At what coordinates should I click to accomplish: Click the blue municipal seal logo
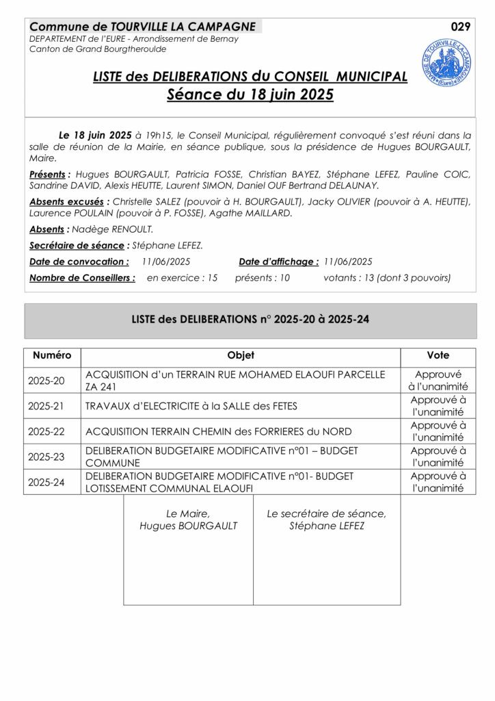[446, 62]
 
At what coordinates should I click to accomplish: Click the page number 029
[461, 27]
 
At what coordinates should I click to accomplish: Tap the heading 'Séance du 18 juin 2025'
[250, 95]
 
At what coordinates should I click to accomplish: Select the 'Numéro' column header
[52, 355]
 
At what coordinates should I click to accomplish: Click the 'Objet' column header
[241, 355]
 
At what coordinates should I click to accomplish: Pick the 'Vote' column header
[438, 355]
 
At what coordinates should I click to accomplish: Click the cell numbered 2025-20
[46, 381]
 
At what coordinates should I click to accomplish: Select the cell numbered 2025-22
[46, 431]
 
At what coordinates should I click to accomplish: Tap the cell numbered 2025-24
[46, 482]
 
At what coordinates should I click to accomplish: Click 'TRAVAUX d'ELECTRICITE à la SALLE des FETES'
[191, 406]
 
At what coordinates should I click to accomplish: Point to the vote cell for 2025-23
[438, 457]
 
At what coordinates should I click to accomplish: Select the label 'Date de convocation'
[79, 262]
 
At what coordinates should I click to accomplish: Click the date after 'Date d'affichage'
[348, 262]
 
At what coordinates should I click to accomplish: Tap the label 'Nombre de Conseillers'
[82, 278]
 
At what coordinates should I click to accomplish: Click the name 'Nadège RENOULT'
[113, 229]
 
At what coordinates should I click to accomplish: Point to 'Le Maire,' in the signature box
[188, 513]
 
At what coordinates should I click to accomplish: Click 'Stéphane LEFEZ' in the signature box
[327, 526]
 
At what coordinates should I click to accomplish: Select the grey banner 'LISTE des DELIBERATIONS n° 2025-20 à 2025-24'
[250, 319]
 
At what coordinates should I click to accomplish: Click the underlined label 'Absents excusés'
[68, 201]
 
